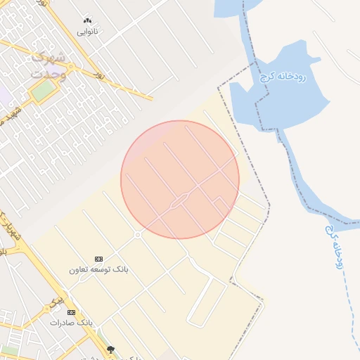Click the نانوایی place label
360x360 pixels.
pyautogui.click(x=87, y=32)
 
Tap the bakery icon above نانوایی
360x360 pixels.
pyautogui.click(x=87, y=21)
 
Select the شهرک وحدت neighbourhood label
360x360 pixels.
pyautogui.click(x=48, y=65)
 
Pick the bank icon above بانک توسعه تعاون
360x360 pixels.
pyautogui.click(x=98, y=259)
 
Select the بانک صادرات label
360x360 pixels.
pyautogui.click(x=71, y=322)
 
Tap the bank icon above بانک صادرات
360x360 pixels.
pyautogui.click(x=71, y=312)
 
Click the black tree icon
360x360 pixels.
pyautogui.click(x=110, y=349)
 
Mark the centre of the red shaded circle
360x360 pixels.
pyautogui.click(x=180, y=179)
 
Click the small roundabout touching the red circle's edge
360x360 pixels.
pyautogui.click(x=137, y=234)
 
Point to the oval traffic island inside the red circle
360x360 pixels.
pyautogui.click(x=178, y=201)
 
